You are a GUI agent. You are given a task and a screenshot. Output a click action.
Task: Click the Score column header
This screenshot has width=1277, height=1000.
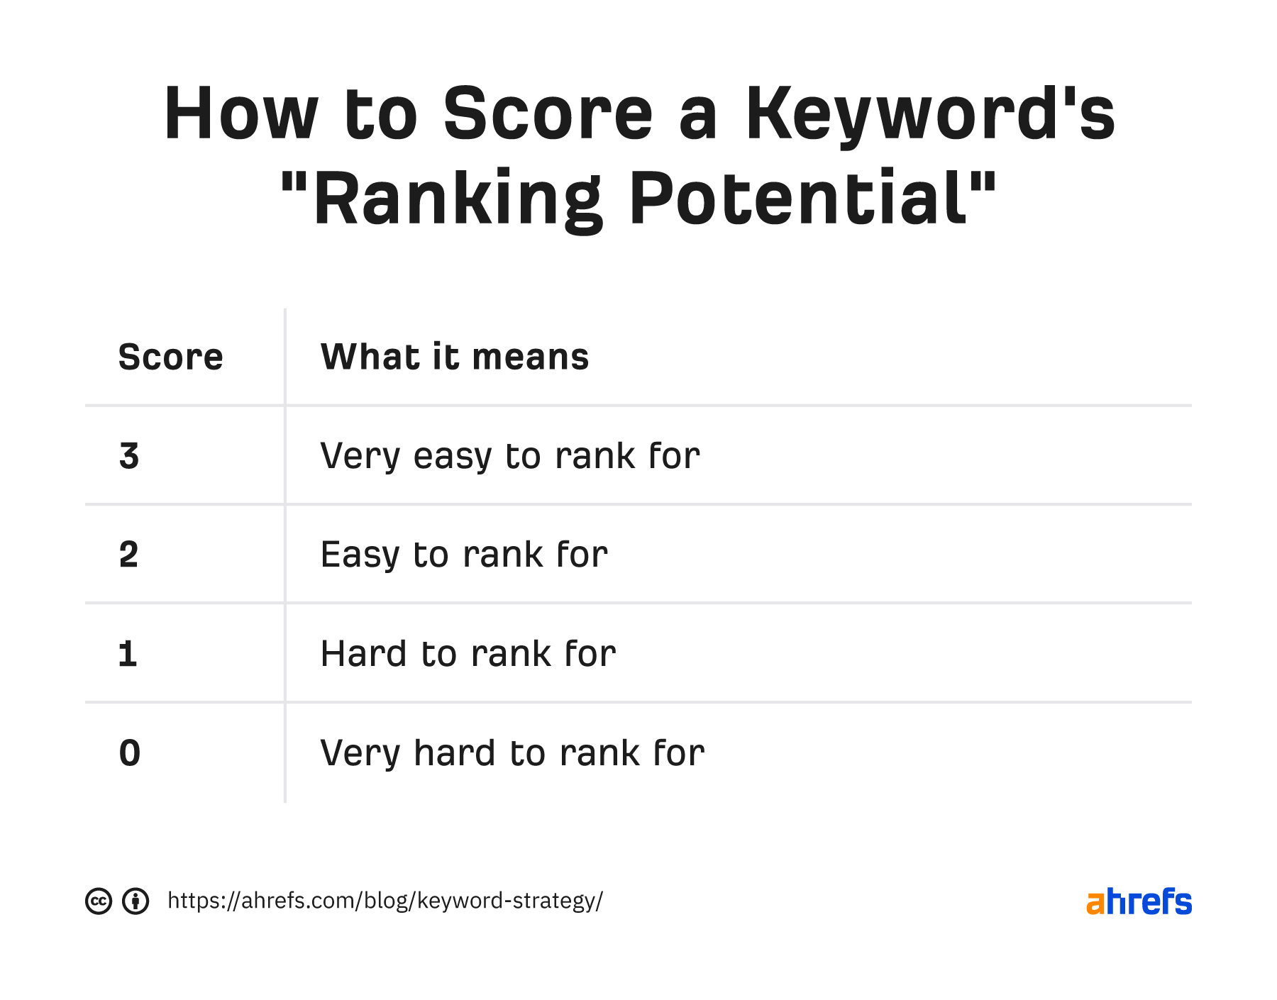(170, 357)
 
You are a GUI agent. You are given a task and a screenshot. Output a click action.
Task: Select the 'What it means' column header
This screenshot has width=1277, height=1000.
(454, 357)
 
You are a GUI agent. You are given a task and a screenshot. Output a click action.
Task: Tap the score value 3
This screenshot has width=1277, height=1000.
(129, 456)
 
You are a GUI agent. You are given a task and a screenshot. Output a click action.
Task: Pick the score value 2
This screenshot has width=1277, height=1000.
(128, 555)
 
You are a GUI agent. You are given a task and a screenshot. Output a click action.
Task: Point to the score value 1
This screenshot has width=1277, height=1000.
(128, 654)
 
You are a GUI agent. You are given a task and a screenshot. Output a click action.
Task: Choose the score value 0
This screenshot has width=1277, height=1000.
(130, 752)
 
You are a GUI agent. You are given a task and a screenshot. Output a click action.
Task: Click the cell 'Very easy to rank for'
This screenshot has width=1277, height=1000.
(509, 456)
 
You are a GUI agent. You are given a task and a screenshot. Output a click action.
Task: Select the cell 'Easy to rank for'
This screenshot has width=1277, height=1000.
(463, 555)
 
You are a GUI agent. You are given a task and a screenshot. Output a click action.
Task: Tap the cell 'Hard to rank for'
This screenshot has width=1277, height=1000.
(468, 654)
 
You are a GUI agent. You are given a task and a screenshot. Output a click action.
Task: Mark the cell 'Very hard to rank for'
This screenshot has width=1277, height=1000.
(512, 752)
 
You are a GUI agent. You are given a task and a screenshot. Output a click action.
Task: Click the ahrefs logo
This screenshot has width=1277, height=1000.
(1139, 901)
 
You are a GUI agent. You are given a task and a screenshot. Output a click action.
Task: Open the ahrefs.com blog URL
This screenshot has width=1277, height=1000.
(385, 901)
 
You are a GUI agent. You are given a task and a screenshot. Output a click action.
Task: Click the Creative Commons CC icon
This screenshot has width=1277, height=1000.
(99, 901)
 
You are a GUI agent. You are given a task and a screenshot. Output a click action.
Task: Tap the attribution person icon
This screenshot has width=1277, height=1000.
(136, 901)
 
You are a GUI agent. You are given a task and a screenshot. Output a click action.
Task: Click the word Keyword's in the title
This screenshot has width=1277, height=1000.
(930, 115)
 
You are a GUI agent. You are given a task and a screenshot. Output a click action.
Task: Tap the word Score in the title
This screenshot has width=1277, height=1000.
(548, 115)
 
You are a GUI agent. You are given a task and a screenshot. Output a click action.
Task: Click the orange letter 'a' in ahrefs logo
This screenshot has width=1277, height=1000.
(1096, 903)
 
